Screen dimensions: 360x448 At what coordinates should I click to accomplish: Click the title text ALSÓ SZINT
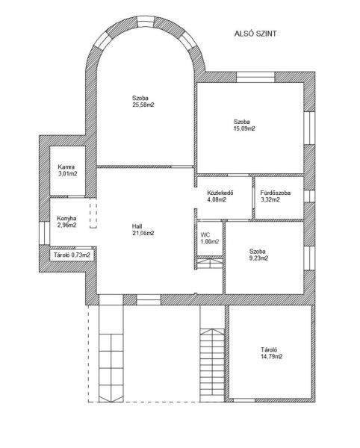click(255, 34)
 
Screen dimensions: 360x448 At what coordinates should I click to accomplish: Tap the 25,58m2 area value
click(143, 105)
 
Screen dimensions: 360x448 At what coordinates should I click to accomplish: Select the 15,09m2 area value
click(244, 128)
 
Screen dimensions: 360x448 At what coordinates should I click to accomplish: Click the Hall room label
click(137, 226)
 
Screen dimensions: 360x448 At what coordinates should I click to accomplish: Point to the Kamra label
click(66, 167)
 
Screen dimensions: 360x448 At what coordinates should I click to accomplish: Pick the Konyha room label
click(66, 218)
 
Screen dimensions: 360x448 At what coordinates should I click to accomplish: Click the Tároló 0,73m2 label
click(72, 255)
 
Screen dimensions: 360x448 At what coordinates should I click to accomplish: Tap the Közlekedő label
click(220, 193)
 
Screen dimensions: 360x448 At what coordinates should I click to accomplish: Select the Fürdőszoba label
click(276, 193)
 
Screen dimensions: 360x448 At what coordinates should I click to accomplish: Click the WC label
click(205, 235)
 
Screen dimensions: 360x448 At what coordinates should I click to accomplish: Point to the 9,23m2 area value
click(258, 258)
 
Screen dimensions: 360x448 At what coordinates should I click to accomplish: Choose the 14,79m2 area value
click(272, 357)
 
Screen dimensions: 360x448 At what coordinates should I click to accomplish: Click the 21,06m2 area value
click(143, 233)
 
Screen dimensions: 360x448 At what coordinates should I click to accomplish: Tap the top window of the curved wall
click(146, 21)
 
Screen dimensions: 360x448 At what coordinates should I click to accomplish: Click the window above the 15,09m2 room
click(255, 77)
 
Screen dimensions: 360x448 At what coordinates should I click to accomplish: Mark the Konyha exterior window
click(45, 233)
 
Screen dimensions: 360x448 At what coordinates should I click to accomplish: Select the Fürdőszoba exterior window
click(309, 196)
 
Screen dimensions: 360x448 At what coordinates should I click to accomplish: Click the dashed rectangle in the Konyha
click(93, 216)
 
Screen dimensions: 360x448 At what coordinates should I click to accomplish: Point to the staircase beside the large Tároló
click(211, 365)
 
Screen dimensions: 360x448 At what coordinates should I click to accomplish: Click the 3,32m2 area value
click(270, 199)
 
